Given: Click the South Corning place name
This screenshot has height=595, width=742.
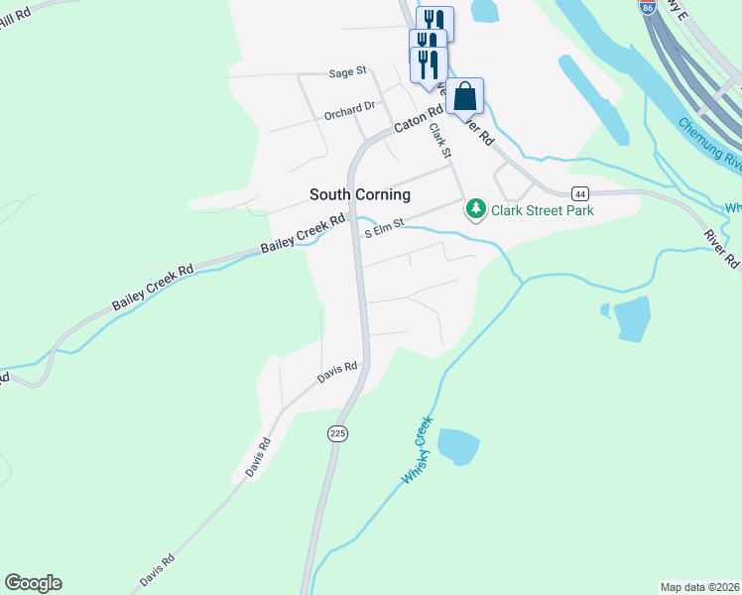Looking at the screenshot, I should click(x=359, y=194).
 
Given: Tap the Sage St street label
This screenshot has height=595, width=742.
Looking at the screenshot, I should click(x=347, y=71).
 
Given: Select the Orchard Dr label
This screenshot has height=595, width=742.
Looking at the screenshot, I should click(x=350, y=110).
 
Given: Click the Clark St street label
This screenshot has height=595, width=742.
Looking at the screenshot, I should click(x=439, y=140).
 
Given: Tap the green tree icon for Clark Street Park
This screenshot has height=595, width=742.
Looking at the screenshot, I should click(x=476, y=209).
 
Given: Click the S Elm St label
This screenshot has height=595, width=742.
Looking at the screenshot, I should click(x=386, y=229).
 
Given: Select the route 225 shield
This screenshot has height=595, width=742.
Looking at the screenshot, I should click(x=338, y=433).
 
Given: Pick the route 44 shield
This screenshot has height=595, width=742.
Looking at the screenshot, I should click(x=580, y=192).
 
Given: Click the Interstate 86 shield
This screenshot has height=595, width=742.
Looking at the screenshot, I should click(x=648, y=7).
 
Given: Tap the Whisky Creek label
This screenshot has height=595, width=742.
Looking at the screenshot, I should click(x=419, y=451).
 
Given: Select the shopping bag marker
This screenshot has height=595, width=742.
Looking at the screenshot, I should click(x=464, y=98).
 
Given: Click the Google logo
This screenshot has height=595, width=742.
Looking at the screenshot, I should click(x=33, y=583).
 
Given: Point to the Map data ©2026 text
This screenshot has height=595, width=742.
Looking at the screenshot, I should click(x=700, y=587).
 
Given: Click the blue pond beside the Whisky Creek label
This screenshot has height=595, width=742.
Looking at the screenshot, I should click(x=457, y=446).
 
